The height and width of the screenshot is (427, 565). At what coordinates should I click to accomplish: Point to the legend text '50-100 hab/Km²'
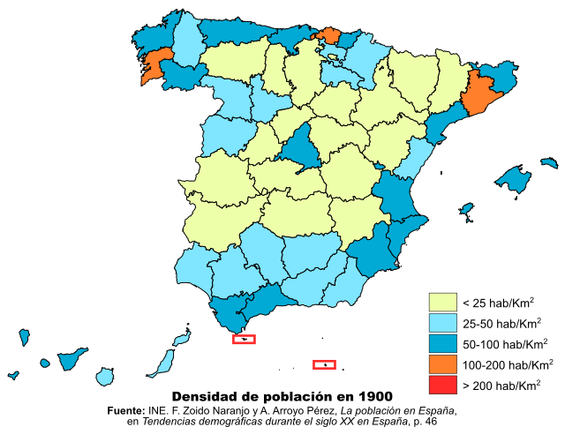tap(506, 343)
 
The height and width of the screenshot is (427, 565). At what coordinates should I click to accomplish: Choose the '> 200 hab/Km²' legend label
tap(501, 385)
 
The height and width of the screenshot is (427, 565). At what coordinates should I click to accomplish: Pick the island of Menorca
tap(550, 163)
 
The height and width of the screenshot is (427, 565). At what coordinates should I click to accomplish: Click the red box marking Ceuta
tap(244, 339)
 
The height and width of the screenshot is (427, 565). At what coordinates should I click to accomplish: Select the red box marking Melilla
tap(324, 364)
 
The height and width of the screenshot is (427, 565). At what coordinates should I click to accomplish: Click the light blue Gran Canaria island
tap(105, 376)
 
